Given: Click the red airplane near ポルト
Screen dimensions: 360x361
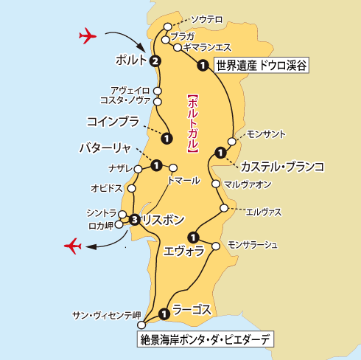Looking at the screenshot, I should click(87, 35).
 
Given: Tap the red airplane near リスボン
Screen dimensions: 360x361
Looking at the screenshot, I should click(74, 245).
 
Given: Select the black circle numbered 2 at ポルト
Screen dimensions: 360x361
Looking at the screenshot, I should click(155, 61).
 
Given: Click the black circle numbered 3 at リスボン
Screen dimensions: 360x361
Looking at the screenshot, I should click(134, 219).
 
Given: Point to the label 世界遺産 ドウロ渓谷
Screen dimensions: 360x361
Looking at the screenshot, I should click(260, 66).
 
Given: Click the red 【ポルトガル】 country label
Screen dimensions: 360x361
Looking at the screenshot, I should click(191, 122).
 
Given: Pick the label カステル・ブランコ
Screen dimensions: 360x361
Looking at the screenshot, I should click(282, 167).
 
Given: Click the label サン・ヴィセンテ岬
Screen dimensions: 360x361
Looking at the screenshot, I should click(105, 315).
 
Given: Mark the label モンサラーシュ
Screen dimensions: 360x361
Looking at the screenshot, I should click(253, 244).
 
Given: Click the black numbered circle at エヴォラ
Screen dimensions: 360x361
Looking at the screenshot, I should click(193, 237).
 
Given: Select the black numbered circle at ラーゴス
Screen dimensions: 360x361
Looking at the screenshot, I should click(164, 315).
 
